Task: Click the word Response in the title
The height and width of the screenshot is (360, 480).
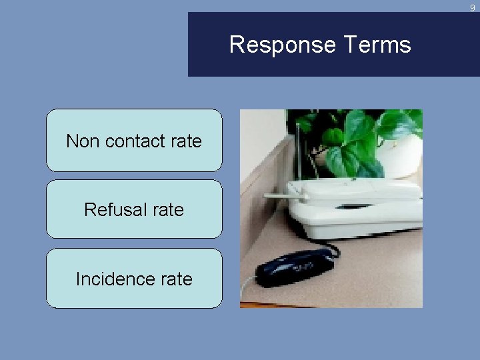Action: coord(282,45)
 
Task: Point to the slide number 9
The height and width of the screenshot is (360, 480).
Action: coord(473,8)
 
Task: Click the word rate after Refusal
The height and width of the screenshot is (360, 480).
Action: coord(168,209)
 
